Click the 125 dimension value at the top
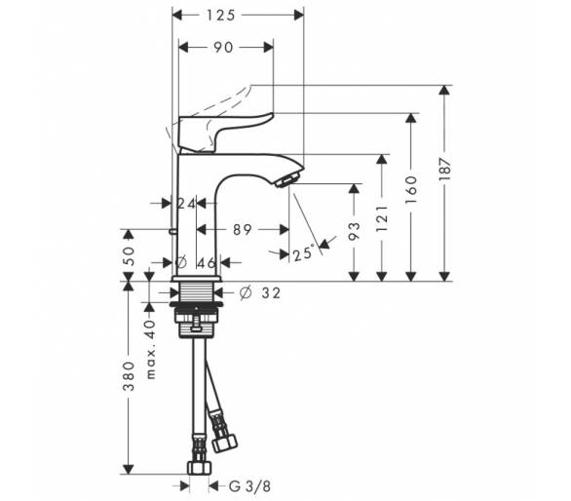221,16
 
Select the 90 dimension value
223,48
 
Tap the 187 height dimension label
444,169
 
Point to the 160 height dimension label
411,189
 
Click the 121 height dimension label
382,218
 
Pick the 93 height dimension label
354,232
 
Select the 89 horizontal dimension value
243,230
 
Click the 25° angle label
303,253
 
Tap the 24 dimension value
186,204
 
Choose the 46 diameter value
207,263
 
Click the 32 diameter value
271,293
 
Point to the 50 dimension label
129,256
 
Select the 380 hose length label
129,376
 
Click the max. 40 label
150,350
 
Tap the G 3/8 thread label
249,486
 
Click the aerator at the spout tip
287,180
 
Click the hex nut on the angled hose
225,443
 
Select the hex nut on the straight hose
199,468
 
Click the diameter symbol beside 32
246,293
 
